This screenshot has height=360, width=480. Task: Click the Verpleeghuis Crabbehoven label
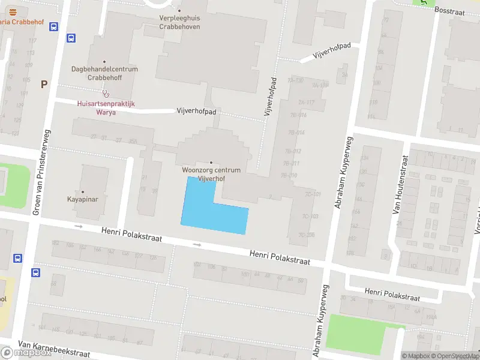pos(179,22)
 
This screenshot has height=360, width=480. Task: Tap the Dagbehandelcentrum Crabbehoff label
pos(104,73)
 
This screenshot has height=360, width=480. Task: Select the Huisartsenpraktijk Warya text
pos(106,107)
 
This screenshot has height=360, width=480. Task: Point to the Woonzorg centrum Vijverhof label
pos(211,174)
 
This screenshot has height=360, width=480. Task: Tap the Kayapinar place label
pos(83,199)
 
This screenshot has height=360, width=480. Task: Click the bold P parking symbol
pos(44,85)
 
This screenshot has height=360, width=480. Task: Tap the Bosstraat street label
pos(449,10)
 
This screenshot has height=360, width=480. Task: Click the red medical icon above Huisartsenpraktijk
pos(106,94)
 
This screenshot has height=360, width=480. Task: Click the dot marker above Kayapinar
pos(83,191)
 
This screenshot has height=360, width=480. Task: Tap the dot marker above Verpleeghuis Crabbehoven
pos(179,10)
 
